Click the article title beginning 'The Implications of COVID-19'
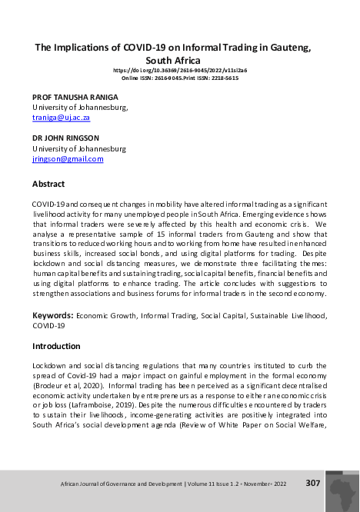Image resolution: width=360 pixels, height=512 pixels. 173,48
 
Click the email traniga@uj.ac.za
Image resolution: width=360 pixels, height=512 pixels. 61,118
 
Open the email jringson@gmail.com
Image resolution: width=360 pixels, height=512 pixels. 67,158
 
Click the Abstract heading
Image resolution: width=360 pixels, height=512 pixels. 48,185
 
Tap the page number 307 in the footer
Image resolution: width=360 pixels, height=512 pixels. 312,483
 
